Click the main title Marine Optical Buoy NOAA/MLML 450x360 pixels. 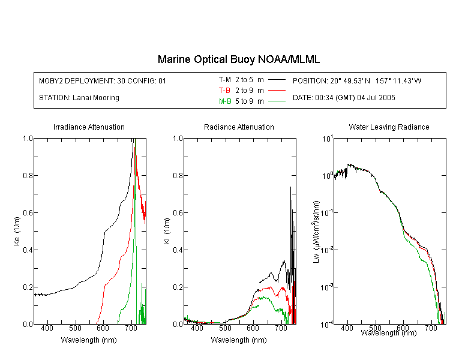(x=238, y=59)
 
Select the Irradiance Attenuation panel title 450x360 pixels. (x=89, y=127)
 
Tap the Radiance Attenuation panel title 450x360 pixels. (x=239, y=127)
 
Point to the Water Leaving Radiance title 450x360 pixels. (x=389, y=127)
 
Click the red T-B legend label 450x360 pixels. (x=224, y=91)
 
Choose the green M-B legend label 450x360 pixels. (x=225, y=101)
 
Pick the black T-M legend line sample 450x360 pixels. (x=277, y=80)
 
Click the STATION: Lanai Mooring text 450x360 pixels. (x=79, y=98)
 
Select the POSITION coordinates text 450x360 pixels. (x=357, y=80)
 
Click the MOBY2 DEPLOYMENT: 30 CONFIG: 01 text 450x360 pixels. (x=103, y=80)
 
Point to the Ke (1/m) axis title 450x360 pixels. (x=17, y=231)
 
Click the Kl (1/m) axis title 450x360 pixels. (x=167, y=231)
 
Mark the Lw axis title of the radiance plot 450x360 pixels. (x=316, y=232)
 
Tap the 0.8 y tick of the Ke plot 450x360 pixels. (x=28, y=175)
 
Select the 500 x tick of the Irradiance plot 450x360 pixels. (x=75, y=328)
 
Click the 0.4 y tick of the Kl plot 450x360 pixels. (x=178, y=250)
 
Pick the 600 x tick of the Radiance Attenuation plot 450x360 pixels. (x=253, y=328)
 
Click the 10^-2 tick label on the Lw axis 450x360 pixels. (x=327, y=249)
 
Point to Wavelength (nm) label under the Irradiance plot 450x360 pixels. (x=89, y=340)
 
